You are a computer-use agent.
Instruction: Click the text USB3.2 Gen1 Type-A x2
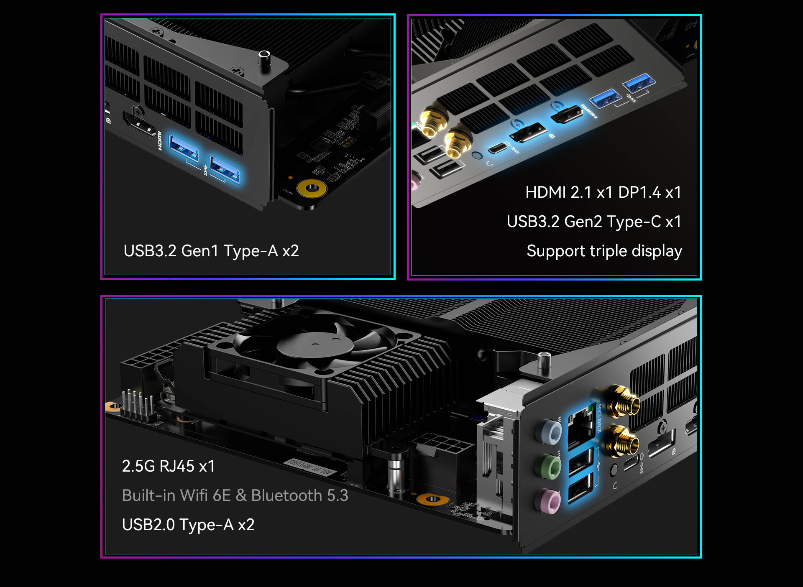click(211, 251)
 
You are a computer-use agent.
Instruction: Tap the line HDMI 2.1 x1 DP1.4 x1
click(604, 192)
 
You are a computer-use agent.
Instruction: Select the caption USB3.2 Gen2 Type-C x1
click(594, 222)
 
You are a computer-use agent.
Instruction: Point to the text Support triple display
click(604, 251)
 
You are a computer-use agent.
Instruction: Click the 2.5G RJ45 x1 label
click(168, 466)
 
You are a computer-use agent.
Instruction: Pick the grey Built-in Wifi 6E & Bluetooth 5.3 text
click(235, 495)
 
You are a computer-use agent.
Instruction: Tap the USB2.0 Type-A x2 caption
click(188, 525)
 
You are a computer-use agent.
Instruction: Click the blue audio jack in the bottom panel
click(549, 432)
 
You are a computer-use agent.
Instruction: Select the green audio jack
click(548, 467)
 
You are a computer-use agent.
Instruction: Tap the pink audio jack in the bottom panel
click(547, 502)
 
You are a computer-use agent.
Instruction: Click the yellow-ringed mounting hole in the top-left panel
click(311, 188)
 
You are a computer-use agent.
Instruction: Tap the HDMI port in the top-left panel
click(140, 124)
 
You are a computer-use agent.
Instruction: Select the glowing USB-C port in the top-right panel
click(498, 148)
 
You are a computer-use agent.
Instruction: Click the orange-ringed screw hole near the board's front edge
click(432, 499)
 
